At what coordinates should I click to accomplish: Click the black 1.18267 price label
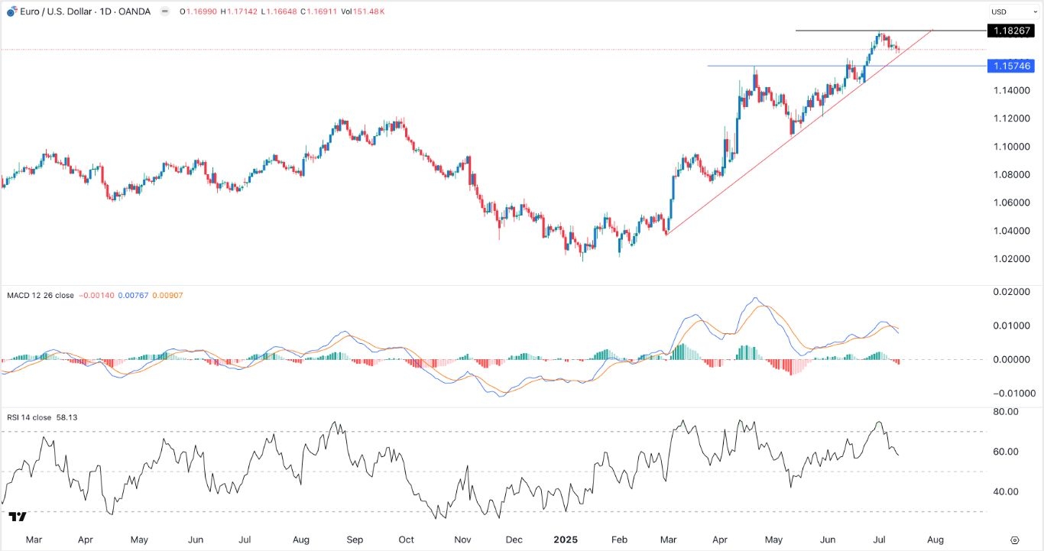(1013, 31)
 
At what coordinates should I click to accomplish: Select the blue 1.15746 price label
(1013, 66)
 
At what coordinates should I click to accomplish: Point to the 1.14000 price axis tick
(1013, 90)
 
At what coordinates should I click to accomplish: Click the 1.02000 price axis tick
(1013, 259)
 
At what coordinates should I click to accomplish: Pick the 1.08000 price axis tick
(1013, 175)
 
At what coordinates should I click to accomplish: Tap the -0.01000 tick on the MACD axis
(1013, 394)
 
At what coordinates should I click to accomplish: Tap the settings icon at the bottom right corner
(1014, 540)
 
